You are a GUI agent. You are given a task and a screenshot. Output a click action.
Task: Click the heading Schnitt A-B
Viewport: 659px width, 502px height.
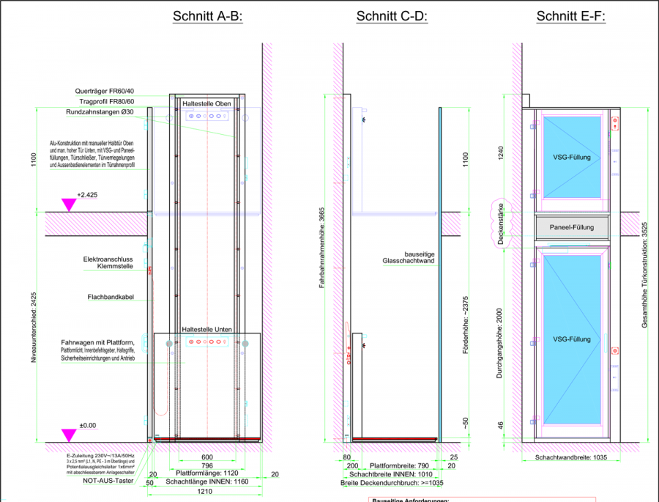207,17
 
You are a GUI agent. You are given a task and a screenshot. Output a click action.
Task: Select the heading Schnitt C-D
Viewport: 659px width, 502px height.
391,17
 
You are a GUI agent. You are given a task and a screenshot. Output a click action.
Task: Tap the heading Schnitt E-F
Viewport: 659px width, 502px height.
571,17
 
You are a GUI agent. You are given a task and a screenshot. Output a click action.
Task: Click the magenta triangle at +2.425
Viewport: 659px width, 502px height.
69,204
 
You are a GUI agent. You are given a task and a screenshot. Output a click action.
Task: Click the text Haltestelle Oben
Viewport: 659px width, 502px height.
206,104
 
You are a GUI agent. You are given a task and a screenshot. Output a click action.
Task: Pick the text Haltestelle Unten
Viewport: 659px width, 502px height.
206,330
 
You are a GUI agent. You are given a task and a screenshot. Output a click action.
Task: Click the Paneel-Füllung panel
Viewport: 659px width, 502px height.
571,228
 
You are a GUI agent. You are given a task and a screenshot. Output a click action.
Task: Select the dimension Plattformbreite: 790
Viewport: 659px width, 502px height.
398,465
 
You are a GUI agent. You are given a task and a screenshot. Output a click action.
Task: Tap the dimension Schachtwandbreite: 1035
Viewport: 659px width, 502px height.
570,457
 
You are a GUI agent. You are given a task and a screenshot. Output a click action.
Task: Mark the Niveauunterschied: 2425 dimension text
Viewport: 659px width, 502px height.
33,332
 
